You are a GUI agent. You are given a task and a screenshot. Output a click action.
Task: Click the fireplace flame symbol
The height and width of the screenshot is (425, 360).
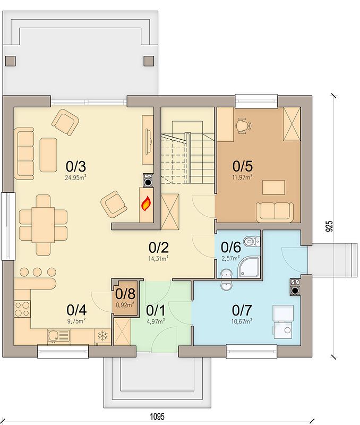pyautogui.click(x=146, y=203)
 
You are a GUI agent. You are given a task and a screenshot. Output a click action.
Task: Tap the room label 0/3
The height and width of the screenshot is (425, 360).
pyautogui.click(x=75, y=166)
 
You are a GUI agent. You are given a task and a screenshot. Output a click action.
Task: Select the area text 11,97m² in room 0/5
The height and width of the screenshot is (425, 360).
pyautogui.click(x=242, y=177)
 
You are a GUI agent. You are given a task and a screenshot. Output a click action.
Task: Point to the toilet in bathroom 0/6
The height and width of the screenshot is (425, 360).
pyautogui.click(x=252, y=241)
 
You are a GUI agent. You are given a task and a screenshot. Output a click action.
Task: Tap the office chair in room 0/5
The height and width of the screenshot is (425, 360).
pyautogui.click(x=243, y=125)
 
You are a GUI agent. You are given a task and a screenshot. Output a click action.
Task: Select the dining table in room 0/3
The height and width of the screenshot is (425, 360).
pyautogui.click(x=43, y=225)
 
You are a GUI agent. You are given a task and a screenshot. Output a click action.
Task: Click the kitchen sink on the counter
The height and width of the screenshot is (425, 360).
pyautogui.click(x=58, y=336)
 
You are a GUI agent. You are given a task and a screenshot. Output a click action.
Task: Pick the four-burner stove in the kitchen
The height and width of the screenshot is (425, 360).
pyautogui.click(x=22, y=309)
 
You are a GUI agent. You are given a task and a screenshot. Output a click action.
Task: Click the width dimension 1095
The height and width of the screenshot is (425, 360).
pyautogui.click(x=158, y=416)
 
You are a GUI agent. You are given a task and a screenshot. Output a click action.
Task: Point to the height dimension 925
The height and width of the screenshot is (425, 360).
pyautogui.click(x=329, y=227)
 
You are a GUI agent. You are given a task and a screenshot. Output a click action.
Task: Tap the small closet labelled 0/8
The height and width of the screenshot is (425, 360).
pyautogui.click(x=125, y=297)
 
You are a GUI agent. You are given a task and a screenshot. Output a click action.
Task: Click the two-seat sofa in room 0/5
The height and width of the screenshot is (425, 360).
pyautogui.click(x=275, y=212)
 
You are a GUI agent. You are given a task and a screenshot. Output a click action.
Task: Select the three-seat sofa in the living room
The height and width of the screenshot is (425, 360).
pyautogui.click(x=24, y=154)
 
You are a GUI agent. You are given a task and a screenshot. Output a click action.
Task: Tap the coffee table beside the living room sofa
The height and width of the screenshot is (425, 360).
pyautogui.click(x=48, y=155)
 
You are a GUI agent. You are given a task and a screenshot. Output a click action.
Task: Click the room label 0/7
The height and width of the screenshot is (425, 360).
pyautogui.click(x=242, y=310)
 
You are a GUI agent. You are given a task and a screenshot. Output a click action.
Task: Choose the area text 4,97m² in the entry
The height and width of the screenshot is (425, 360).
pyautogui.click(x=155, y=321)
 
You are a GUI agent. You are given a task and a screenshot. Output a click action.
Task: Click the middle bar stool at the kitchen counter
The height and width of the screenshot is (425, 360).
pyautogui.click(x=37, y=272)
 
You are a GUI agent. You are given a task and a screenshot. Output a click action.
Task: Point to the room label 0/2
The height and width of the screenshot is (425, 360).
pyautogui.click(x=158, y=247)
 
